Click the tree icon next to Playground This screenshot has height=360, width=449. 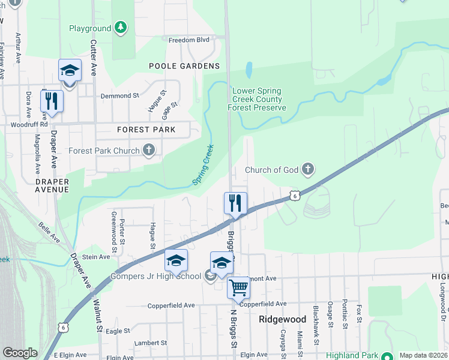[121, 28]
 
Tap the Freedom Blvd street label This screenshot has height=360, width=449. [189, 40]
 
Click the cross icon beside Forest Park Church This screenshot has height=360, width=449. [149, 150]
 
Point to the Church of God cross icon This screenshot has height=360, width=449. [308, 169]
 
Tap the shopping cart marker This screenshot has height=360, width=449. [238, 287]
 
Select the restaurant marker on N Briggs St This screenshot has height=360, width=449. [235, 203]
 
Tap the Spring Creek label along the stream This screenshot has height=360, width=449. [203, 164]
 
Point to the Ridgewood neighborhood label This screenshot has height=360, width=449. [282, 319]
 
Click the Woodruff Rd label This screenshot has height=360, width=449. [29, 125]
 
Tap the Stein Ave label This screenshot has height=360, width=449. [96, 256]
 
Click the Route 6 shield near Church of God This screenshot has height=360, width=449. [293, 195]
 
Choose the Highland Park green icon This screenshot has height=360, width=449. [388, 355]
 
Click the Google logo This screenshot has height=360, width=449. [20, 353]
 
